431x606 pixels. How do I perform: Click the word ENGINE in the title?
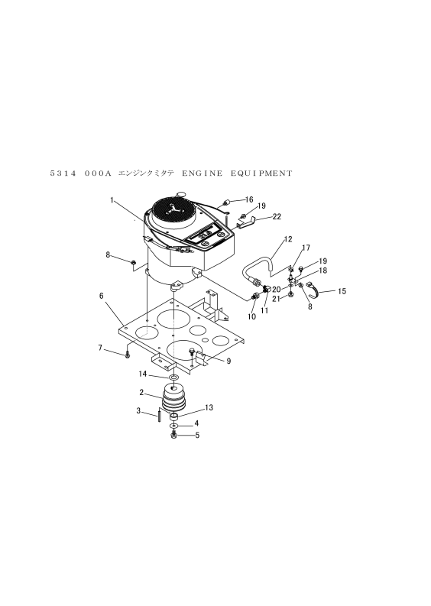pos(203,173)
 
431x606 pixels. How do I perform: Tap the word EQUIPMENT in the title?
pos(261,173)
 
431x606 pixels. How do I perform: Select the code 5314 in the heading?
pos(63,173)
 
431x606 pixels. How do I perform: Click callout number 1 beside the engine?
pos(112,199)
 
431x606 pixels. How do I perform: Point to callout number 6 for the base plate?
pos(102,295)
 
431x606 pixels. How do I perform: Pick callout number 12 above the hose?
pos(288,239)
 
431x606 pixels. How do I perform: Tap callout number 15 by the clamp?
pos(342,291)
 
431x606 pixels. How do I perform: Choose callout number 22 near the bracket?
pos(277,216)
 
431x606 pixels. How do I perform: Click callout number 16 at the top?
pos(249,199)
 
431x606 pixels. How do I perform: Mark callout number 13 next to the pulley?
pos(209,407)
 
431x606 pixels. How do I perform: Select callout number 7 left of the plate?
pos(100,348)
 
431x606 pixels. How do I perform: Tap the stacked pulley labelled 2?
pos(173,397)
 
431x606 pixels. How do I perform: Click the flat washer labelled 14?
pos(174,377)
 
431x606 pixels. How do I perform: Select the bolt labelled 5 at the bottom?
pos(173,436)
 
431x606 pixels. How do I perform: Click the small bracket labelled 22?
pos(247,223)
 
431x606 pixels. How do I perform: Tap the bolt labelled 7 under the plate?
pos(127,355)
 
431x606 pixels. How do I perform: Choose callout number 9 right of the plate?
pos(228,361)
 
